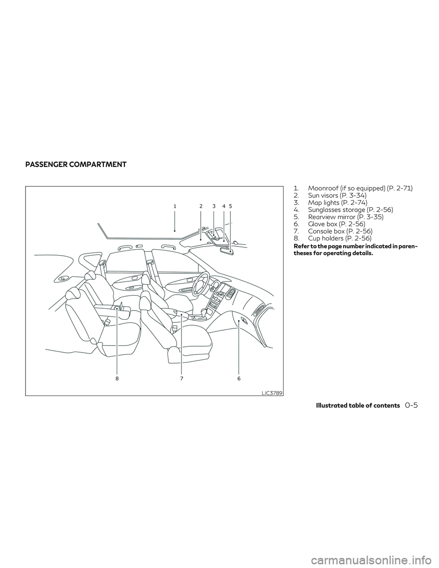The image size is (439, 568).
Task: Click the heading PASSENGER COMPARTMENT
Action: pos(76,165)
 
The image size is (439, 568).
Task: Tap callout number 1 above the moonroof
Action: pos(175,206)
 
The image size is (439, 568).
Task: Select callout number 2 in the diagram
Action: pos(201,206)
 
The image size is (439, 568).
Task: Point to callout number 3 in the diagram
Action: pos(214,206)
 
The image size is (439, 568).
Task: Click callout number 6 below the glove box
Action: pos(239,379)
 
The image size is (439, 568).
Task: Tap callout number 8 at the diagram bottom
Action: pos(118,379)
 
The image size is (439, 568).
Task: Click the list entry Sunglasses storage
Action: pos(343,209)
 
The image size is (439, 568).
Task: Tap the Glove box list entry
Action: pos(329,224)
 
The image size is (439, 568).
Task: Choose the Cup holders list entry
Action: pos(332,238)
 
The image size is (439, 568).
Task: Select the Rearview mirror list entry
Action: pos(338,217)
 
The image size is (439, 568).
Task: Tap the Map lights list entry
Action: pos(330,203)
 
